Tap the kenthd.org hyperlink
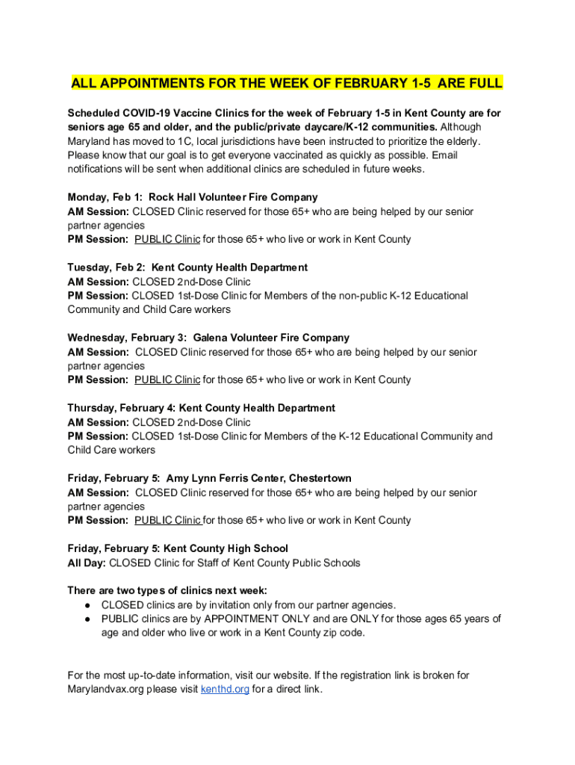click(225, 690)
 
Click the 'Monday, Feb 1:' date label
click(106, 197)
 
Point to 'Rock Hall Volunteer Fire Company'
click(233, 197)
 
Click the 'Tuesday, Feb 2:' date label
click(106, 267)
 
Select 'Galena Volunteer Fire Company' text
click(271, 338)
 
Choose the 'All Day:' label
click(87, 563)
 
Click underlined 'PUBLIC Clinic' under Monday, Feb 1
click(167, 240)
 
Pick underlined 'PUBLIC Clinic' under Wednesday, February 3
click(167, 380)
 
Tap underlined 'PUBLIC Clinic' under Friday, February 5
click(167, 521)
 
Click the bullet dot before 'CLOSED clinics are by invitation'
click(87, 605)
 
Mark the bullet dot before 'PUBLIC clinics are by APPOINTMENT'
click(87, 619)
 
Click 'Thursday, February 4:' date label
click(122, 408)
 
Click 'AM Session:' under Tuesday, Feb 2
click(98, 282)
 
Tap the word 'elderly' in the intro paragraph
click(461, 141)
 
